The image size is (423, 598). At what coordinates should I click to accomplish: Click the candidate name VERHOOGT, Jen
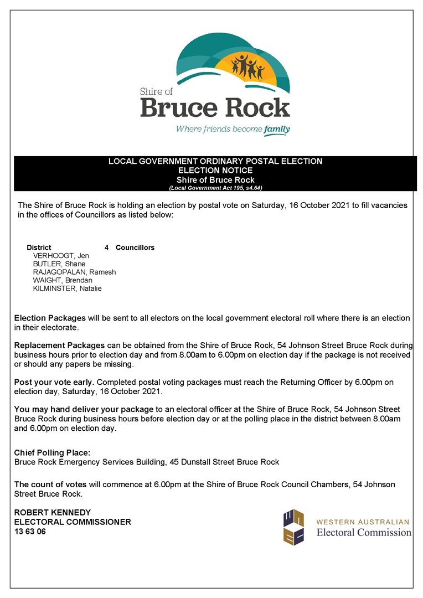(61, 256)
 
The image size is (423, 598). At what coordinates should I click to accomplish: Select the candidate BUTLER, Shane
(59, 264)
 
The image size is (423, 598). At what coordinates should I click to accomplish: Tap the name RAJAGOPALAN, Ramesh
(74, 272)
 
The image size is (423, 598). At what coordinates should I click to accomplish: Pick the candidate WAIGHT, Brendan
(63, 280)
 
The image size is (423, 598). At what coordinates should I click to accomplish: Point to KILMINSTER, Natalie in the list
(67, 288)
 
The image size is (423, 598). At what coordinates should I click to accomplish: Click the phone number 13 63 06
(30, 532)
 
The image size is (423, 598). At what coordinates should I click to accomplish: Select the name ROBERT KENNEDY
(52, 513)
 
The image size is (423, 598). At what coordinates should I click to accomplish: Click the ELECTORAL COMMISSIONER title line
(73, 522)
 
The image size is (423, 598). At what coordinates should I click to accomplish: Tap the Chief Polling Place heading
(52, 453)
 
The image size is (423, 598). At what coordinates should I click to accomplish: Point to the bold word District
(39, 248)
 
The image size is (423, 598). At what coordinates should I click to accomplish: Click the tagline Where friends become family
(233, 130)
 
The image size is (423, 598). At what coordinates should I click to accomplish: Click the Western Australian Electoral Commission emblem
(293, 527)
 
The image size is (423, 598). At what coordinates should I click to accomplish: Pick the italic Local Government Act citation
(215, 188)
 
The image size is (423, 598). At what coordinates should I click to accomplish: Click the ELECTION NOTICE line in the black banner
(215, 171)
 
